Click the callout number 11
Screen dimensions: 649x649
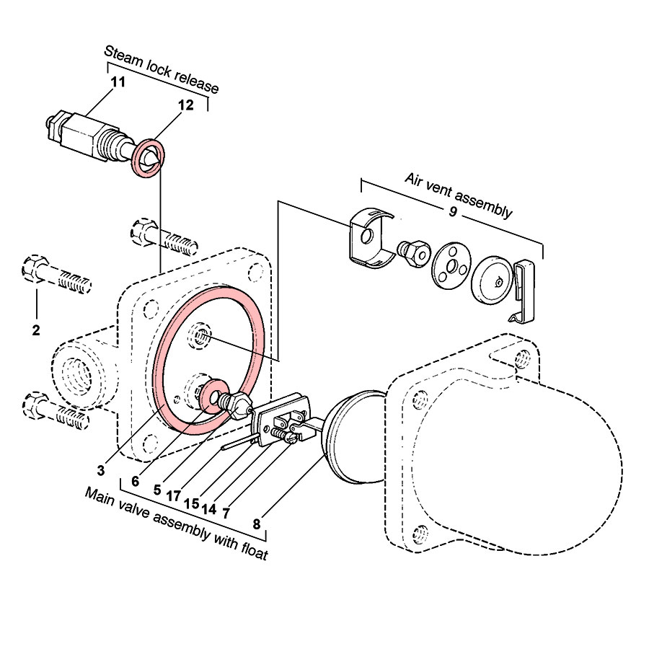[x=118, y=81]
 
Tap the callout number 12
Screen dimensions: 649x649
[x=185, y=105]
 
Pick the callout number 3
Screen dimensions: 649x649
[x=102, y=470]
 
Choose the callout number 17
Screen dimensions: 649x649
[x=172, y=495]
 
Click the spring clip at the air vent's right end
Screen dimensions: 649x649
[x=524, y=290]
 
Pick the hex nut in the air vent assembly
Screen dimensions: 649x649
[x=412, y=253]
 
